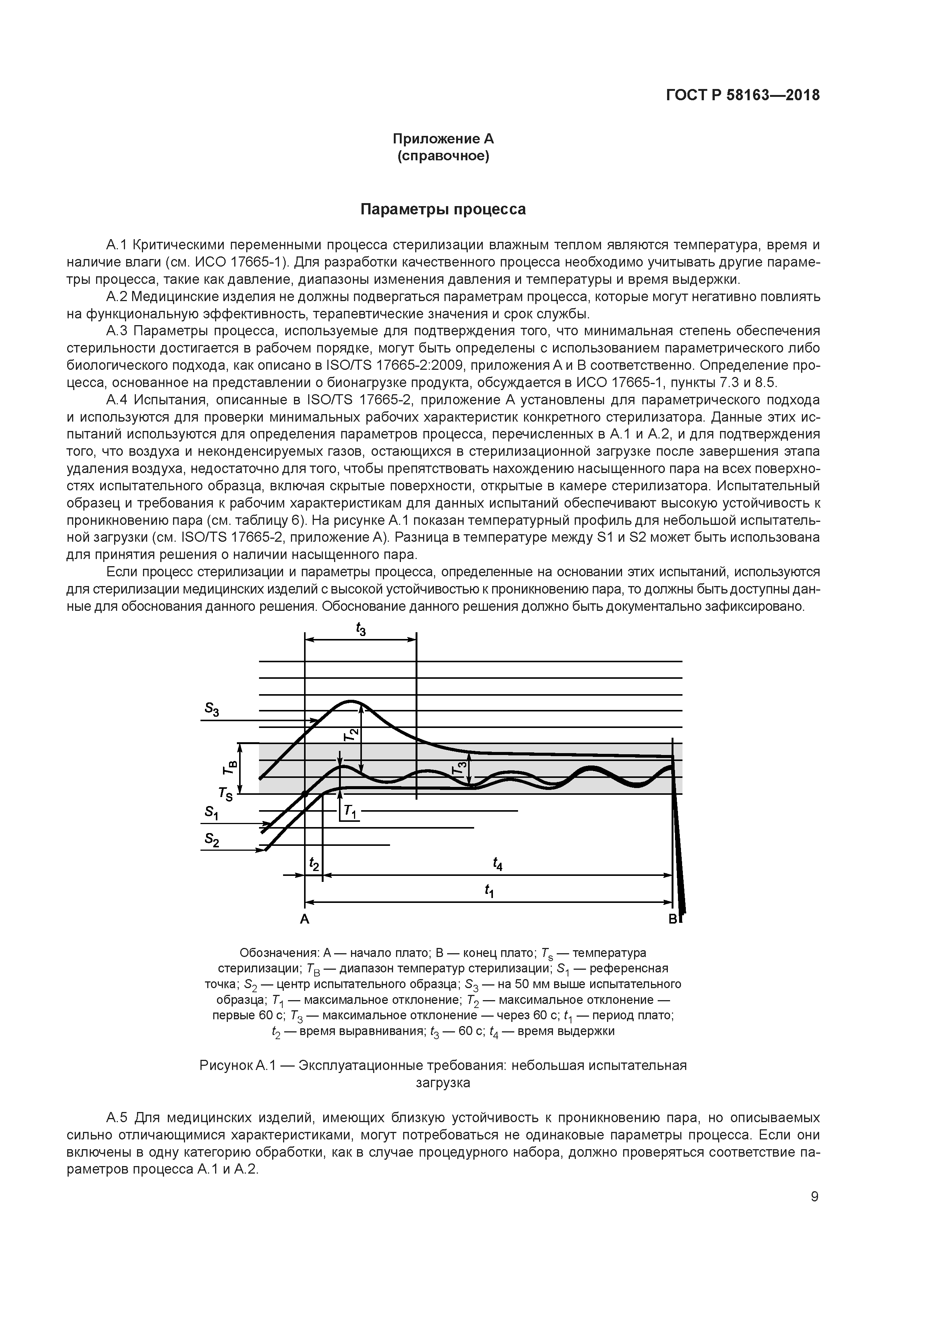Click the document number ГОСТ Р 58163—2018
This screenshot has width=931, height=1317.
(743, 95)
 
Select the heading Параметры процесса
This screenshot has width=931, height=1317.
(443, 209)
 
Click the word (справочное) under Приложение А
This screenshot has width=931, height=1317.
(443, 156)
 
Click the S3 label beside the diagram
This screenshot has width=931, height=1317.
(212, 710)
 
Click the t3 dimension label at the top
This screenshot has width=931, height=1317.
(360, 630)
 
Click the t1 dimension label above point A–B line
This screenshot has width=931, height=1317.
(489, 891)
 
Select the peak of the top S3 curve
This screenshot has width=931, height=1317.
(351, 701)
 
